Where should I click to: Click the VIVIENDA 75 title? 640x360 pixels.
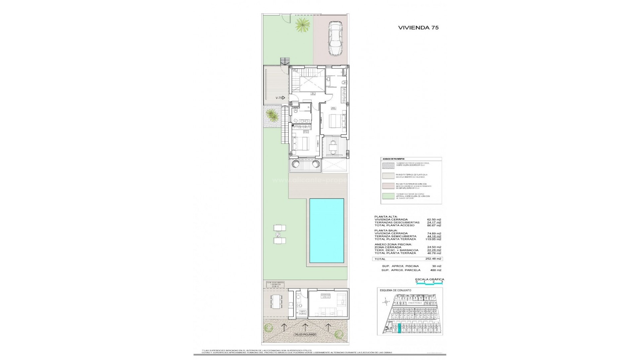pos(418,28)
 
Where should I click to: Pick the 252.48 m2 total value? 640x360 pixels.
pos(434,259)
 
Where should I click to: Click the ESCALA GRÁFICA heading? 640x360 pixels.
pos(429,279)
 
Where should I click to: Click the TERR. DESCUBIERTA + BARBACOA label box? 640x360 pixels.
pos(275,284)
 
